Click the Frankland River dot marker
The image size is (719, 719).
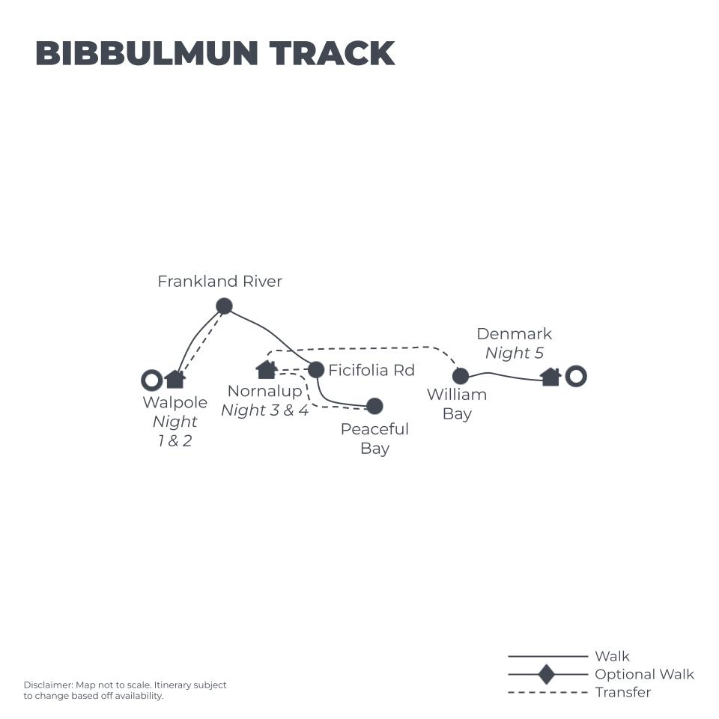[x=224, y=306]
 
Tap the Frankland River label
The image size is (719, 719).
[x=219, y=282]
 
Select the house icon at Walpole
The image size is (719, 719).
[x=175, y=379]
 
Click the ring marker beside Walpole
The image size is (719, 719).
[x=152, y=380]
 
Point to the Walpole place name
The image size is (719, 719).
[x=175, y=402]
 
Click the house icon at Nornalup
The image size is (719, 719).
[x=266, y=369]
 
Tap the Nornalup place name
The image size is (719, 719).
[x=264, y=391]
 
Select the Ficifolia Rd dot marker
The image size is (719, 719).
[x=316, y=369]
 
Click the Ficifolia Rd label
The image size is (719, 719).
[x=371, y=370]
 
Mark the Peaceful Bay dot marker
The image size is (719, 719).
[x=374, y=406]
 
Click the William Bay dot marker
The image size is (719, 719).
[x=461, y=376]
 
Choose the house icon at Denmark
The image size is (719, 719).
[x=550, y=377]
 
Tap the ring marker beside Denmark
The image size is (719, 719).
[x=575, y=376]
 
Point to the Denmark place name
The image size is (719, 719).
[x=514, y=334]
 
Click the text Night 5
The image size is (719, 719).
[x=514, y=354]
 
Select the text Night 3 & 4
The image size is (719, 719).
[x=264, y=410]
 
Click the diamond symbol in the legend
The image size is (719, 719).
[x=547, y=674]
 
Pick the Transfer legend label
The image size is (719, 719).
[x=622, y=692]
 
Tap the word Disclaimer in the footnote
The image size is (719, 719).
[x=47, y=685]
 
